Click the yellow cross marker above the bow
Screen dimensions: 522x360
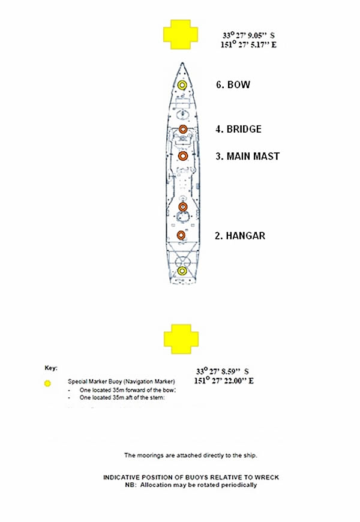pyautogui.click(x=182, y=34)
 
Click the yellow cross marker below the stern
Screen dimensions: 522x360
pyautogui.click(x=182, y=339)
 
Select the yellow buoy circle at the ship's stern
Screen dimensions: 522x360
pyautogui.click(x=182, y=271)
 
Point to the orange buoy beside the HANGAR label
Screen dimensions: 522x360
pyautogui.click(x=182, y=235)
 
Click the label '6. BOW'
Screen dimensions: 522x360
pyautogui.click(x=233, y=85)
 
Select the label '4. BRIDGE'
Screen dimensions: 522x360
pyautogui.click(x=238, y=129)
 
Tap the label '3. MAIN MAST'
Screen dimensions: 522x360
pyautogui.click(x=247, y=157)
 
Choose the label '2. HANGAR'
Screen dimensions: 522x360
pyautogui.click(x=239, y=236)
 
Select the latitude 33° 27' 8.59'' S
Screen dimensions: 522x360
pyautogui.click(x=223, y=371)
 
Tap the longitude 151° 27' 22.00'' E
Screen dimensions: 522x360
pyautogui.click(x=224, y=381)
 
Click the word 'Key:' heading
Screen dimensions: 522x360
pyautogui.click(x=52, y=367)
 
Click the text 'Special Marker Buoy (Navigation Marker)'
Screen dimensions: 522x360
pyautogui.click(x=121, y=382)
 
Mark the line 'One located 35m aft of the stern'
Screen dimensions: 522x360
pyautogui.click(x=121, y=397)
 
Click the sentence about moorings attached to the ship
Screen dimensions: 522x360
pyautogui.click(x=191, y=455)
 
